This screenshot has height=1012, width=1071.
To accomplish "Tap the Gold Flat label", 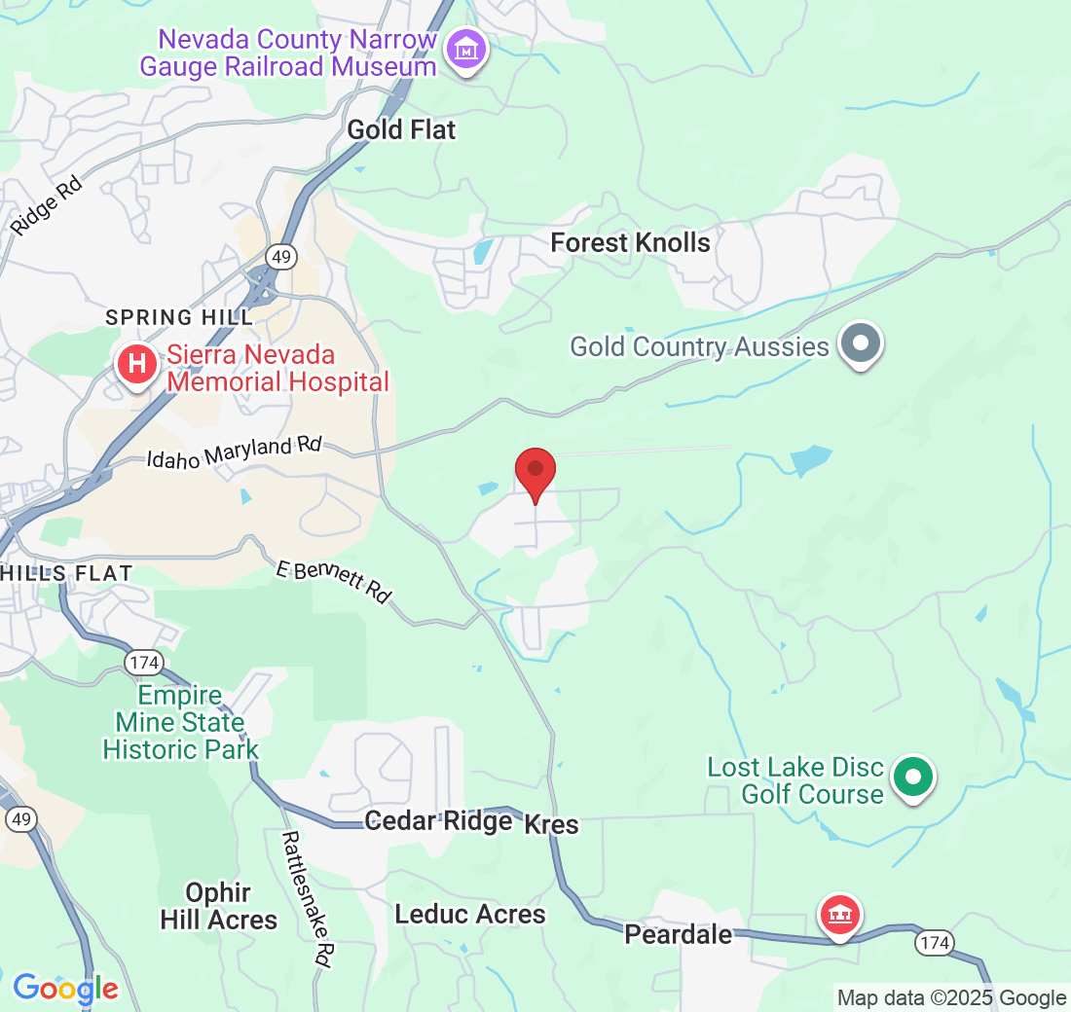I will click(x=401, y=129).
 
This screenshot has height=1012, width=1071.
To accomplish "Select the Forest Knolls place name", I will click(x=630, y=242).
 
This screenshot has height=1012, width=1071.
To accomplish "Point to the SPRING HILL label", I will click(x=179, y=317).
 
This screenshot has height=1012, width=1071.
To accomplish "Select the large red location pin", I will click(x=535, y=473).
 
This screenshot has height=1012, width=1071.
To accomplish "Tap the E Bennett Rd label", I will click(x=333, y=581).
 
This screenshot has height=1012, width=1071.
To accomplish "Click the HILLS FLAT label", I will click(x=65, y=573).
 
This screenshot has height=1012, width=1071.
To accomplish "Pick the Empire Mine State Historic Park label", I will click(x=180, y=722).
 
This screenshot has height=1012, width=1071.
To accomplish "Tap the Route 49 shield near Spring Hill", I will click(x=282, y=257).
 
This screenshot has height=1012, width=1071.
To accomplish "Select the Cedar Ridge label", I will click(x=438, y=821).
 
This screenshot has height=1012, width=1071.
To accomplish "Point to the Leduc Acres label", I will click(x=470, y=915).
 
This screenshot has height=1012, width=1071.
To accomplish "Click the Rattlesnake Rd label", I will click(x=306, y=897).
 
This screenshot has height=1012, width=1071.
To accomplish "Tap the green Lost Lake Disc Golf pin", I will click(x=913, y=777).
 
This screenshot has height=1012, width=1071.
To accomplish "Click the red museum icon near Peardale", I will click(x=839, y=915).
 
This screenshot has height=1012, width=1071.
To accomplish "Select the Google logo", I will click(x=65, y=990).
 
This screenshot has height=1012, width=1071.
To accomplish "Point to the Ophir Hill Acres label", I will click(x=218, y=906).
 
